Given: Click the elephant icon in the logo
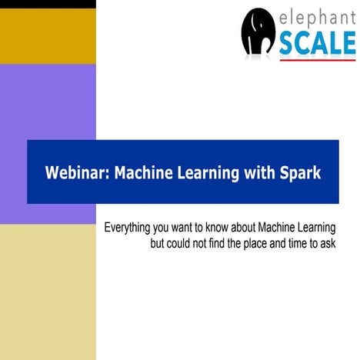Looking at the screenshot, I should pos(258,32).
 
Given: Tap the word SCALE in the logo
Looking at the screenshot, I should pos(317,44).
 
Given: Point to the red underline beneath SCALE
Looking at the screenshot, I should pos(317,59).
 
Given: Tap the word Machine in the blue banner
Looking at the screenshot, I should pos(142,172).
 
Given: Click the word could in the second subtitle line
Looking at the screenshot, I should pos(181,244).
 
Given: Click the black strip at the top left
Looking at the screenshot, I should pos(48,4).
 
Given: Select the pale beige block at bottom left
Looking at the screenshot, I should pos(48,292).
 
